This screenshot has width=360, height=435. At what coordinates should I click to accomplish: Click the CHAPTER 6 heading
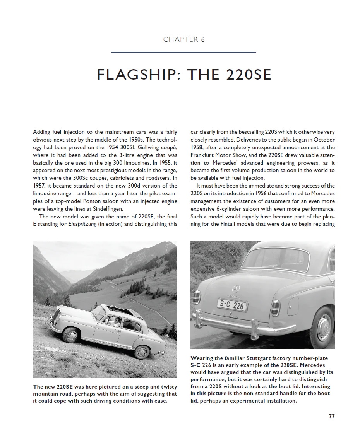(184, 39)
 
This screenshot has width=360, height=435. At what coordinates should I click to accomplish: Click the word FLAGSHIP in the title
(138, 74)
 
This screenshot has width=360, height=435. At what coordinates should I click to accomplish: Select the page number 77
(331, 416)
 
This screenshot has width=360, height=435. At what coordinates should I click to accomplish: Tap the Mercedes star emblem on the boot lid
(236, 289)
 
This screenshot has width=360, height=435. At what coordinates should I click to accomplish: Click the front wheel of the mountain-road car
(70, 335)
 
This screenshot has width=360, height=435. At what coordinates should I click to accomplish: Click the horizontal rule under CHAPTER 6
(184, 52)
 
